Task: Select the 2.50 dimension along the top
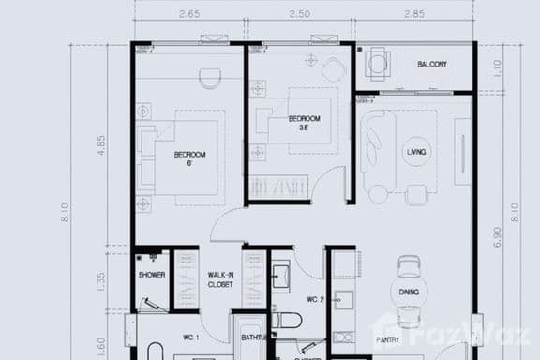point(300,15)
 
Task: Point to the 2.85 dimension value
point(412,15)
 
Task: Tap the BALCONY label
point(432,65)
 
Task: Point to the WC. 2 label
point(315,301)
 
